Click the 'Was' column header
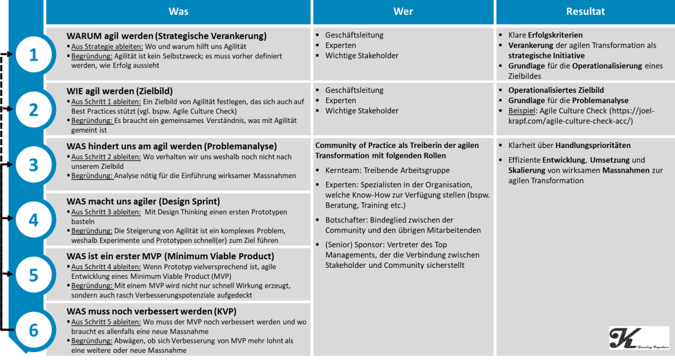coord(178,11)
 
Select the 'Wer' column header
coord(402,11)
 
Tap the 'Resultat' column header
coord(585,11)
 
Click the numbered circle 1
coord(34,55)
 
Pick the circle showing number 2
coord(34,109)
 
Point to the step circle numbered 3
coord(34,165)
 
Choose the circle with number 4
coord(34,219)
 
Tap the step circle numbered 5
coord(34,274)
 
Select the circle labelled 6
coord(34,329)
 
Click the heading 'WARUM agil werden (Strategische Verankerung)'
coord(166,36)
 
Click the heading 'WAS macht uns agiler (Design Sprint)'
coord(143,201)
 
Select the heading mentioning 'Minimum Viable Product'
coord(170,256)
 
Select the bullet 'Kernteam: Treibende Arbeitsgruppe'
coord(388,170)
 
